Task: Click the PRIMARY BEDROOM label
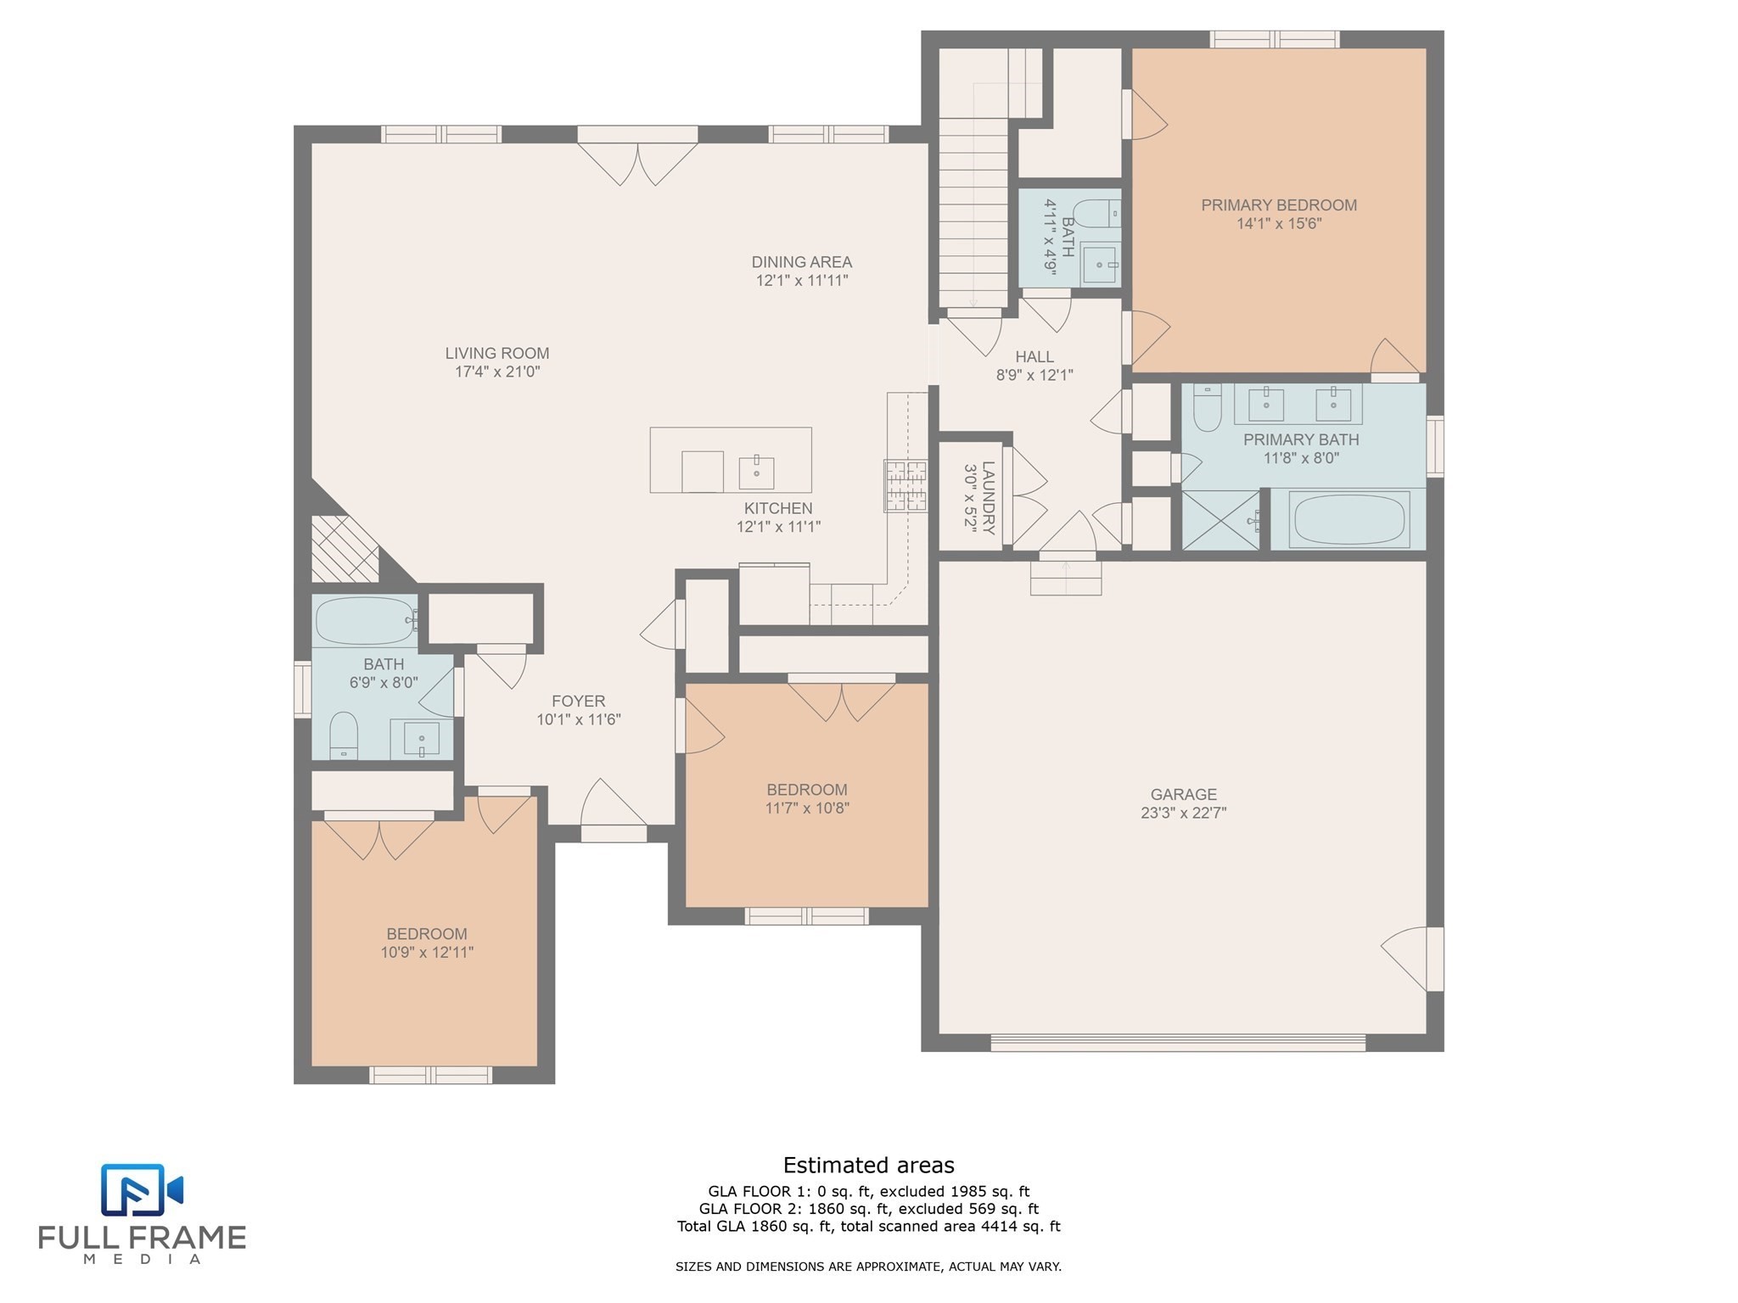1278,205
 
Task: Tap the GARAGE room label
1183,794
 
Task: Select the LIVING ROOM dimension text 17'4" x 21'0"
497,372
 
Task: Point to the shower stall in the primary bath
1220,519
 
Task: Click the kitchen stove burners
905,486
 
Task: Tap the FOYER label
578,701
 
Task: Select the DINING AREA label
801,262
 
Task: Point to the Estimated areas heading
868,1165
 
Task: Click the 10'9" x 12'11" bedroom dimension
427,953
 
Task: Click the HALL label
1034,357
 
